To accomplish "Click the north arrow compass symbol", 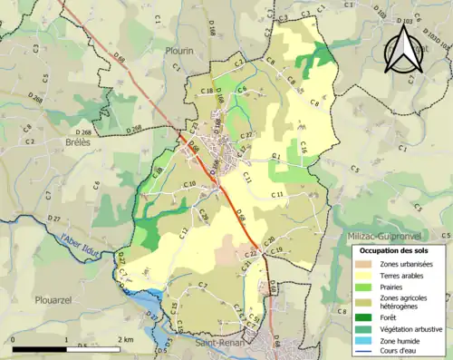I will coord(404,48).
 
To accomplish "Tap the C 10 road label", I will coord(189,185).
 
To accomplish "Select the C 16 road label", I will coord(304,146).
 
